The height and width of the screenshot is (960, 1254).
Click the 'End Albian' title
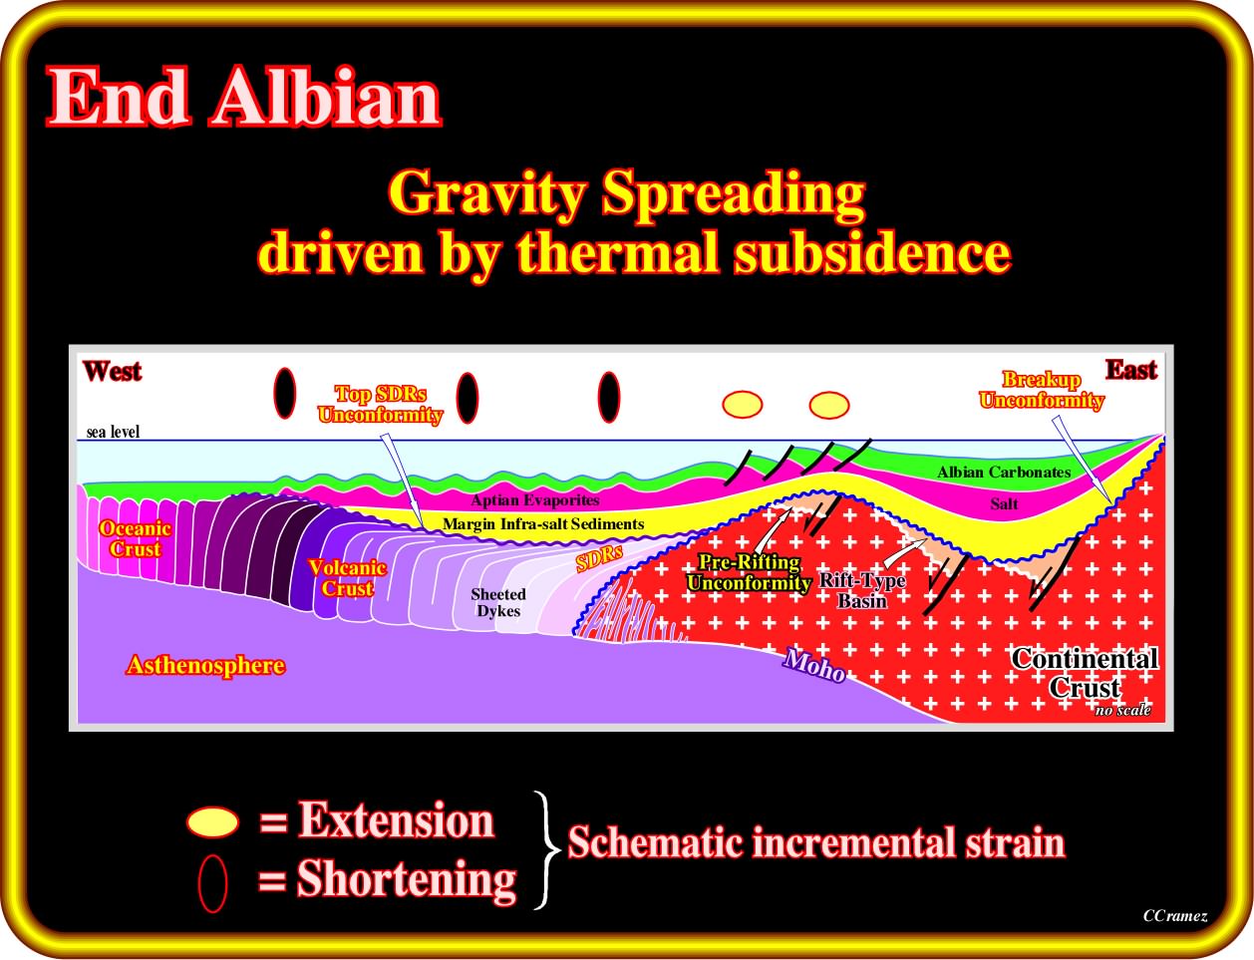(x=244, y=97)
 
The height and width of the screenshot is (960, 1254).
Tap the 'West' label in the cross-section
(x=112, y=371)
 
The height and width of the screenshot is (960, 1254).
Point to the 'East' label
(x=1131, y=370)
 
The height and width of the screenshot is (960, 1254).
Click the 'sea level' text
(x=113, y=432)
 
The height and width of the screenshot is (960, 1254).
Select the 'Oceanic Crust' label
(x=135, y=538)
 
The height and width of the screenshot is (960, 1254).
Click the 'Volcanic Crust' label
(x=348, y=577)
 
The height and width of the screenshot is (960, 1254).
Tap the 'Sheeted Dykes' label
(x=498, y=602)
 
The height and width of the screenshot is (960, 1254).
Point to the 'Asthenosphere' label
(x=206, y=665)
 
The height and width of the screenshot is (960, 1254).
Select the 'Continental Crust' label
(x=1085, y=673)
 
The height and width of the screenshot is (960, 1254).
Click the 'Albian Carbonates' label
(x=1004, y=472)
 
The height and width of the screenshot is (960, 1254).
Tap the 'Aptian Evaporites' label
(x=535, y=499)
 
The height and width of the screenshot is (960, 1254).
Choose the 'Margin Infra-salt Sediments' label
(x=543, y=523)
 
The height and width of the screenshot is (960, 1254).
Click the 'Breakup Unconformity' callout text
(x=1042, y=390)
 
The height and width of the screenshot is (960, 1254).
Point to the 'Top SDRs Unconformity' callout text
(x=381, y=405)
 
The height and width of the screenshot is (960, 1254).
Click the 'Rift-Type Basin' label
(x=862, y=591)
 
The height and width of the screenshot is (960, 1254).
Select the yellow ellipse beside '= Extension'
(x=212, y=821)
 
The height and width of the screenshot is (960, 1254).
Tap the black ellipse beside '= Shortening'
(x=212, y=882)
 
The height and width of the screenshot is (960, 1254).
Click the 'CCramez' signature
(x=1175, y=915)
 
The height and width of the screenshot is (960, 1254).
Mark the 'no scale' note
(x=1123, y=710)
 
